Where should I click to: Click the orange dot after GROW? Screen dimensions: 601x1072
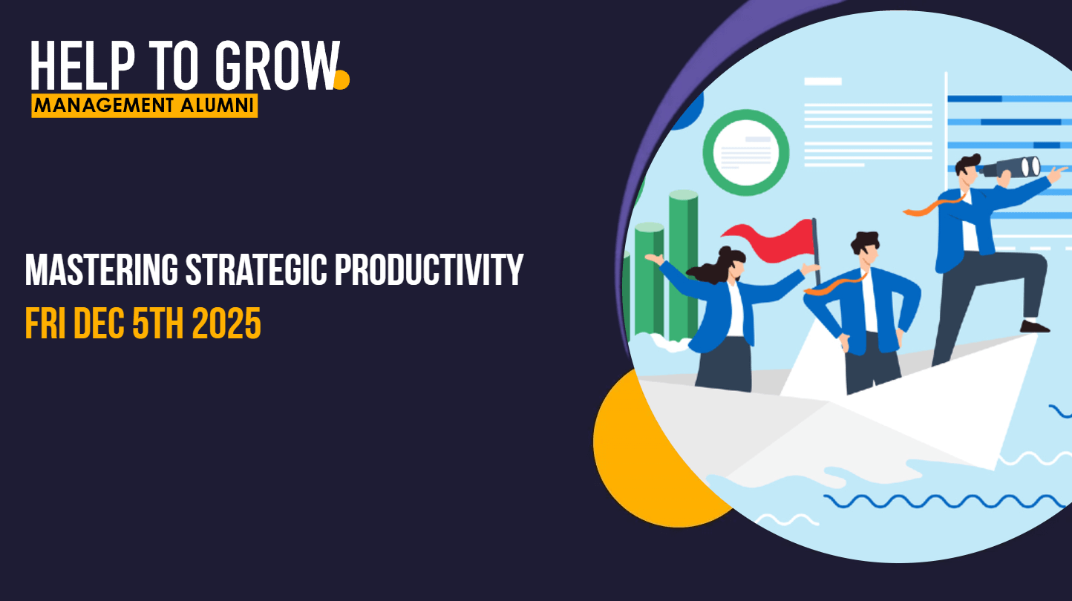341,79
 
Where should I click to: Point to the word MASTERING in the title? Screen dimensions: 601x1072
101,270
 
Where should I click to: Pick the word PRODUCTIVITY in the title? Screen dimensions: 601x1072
429,270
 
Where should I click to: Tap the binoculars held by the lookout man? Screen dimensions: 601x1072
1013,168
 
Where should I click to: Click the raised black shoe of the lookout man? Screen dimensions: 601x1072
1035,326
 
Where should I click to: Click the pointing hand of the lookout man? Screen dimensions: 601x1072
1057,173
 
